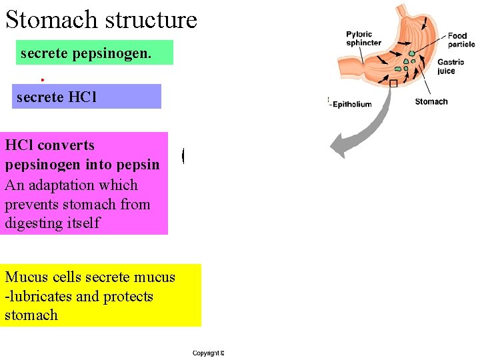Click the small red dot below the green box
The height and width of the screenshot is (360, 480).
click(42, 79)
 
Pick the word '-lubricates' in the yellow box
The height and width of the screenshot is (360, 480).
click(38, 296)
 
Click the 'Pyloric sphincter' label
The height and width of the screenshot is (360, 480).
click(363, 39)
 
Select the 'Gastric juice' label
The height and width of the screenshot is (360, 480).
click(446, 67)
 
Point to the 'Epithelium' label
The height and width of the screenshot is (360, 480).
click(352, 104)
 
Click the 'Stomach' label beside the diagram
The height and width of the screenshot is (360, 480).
click(431, 101)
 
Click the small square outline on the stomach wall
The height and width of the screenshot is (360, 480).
click(393, 83)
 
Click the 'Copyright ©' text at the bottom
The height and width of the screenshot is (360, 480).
click(208, 353)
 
